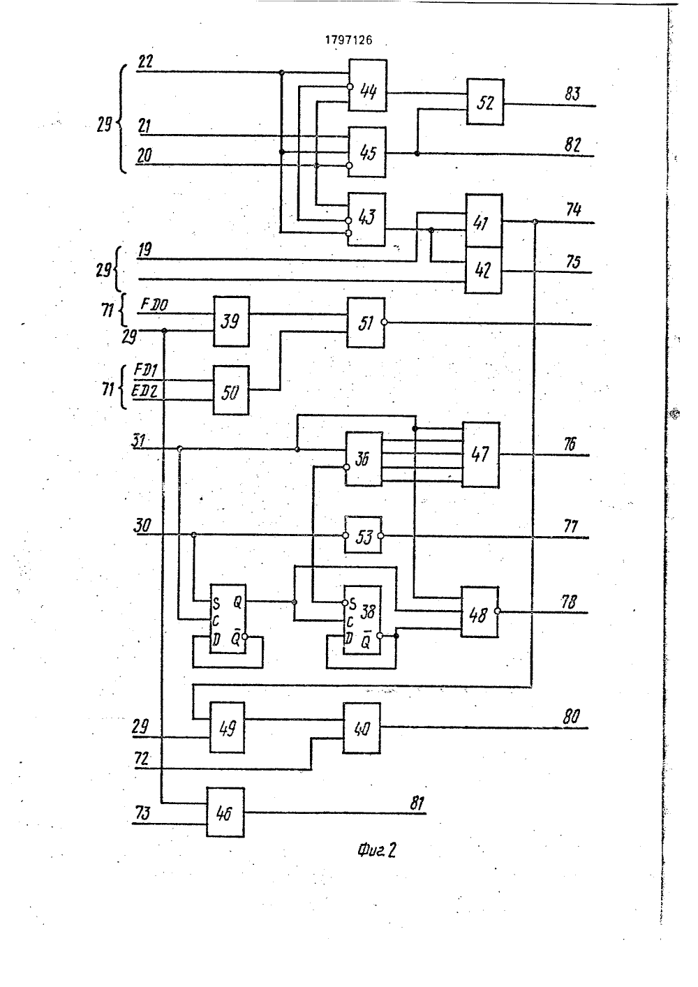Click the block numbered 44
point(368,85)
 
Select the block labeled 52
point(485,102)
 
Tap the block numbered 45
point(367,152)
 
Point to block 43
point(366,219)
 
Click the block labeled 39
point(231,321)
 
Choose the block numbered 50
point(231,390)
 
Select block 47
point(481,454)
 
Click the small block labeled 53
point(363,535)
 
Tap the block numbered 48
point(480,612)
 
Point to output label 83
point(572,94)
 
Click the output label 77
point(571,526)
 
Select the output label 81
point(417,803)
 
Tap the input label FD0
point(154,304)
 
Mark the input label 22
point(145,61)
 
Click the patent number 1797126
point(348,40)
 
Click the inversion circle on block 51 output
point(385,322)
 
